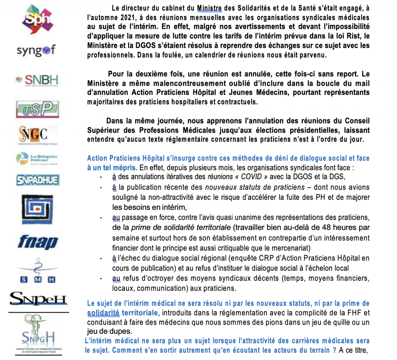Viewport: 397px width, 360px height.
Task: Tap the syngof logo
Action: click(x=36, y=50)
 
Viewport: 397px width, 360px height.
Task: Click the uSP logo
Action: click(x=37, y=109)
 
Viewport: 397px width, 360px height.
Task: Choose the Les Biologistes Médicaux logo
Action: click(x=37, y=158)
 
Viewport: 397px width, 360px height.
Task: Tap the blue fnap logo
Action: click(x=37, y=242)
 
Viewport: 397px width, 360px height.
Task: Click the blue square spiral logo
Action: click(x=37, y=209)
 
